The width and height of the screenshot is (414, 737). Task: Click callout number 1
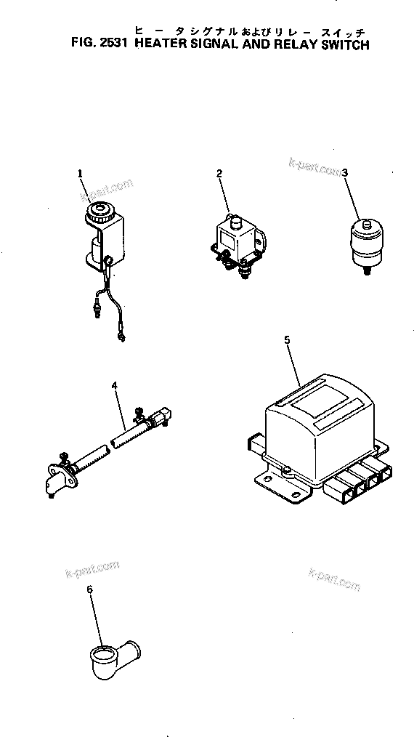[x=81, y=173]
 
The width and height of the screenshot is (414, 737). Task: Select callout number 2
[x=219, y=172]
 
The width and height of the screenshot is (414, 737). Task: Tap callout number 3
[x=345, y=173]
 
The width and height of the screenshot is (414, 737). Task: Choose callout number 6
[x=90, y=589]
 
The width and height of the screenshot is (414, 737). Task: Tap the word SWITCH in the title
[x=343, y=44]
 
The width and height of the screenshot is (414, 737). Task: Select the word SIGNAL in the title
[x=225, y=44]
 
